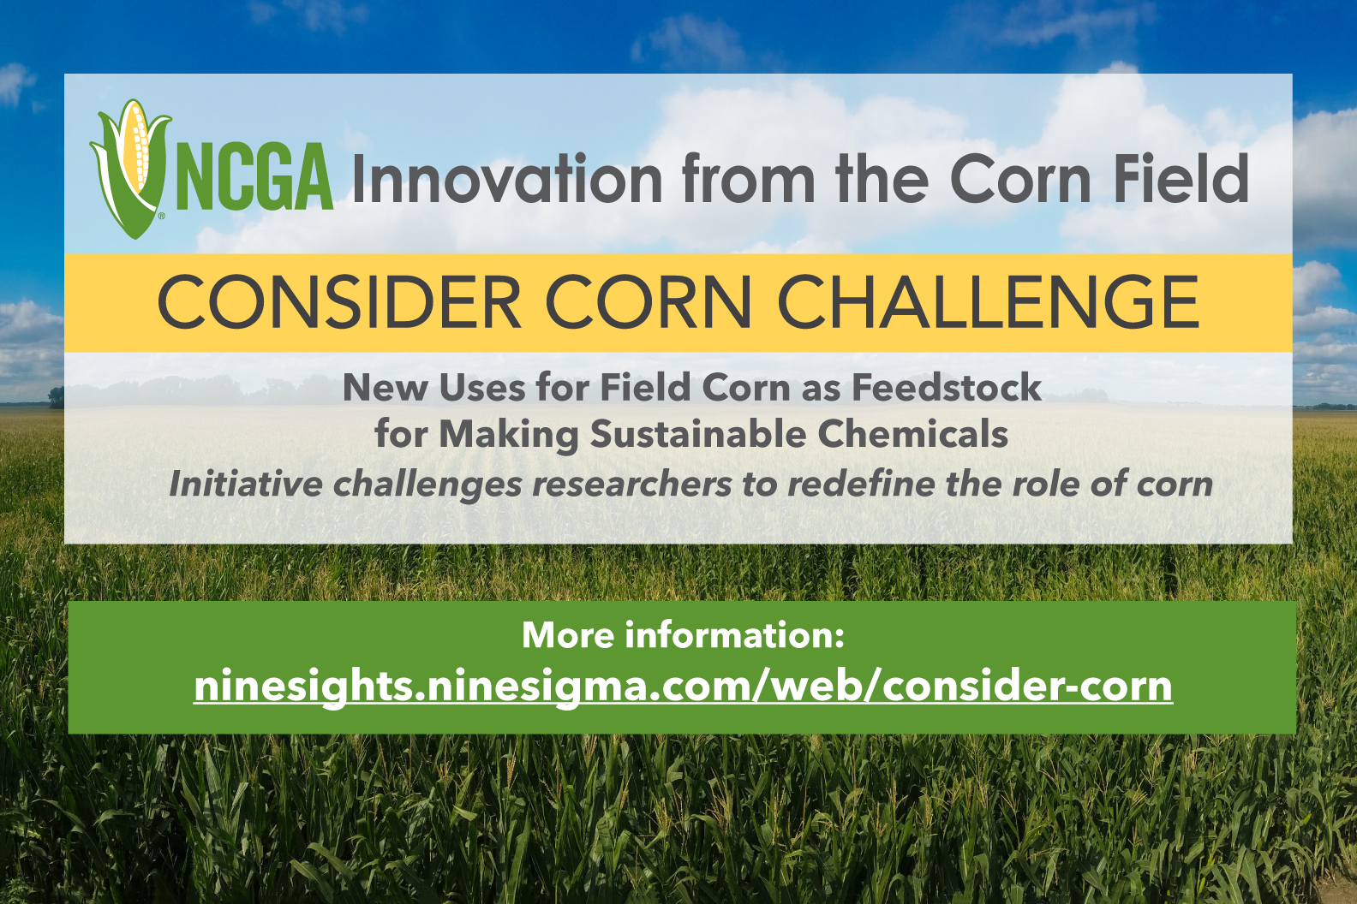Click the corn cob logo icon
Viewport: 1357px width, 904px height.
click(x=130, y=169)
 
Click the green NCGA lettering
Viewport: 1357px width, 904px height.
click(x=254, y=177)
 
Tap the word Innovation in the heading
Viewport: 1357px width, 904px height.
click(x=507, y=178)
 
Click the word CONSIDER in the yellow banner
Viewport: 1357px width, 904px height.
click(x=339, y=301)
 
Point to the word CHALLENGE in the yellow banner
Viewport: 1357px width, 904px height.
click(x=988, y=301)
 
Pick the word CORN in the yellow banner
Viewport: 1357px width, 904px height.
click(x=649, y=301)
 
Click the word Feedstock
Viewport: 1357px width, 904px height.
click(x=947, y=387)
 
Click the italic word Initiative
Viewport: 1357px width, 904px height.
click(x=245, y=484)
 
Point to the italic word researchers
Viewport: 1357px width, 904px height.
click(x=632, y=485)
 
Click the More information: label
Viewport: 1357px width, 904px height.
click(x=683, y=634)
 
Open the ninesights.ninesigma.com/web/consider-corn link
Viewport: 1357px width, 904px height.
click(x=684, y=687)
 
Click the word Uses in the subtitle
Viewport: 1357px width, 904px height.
click(x=482, y=387)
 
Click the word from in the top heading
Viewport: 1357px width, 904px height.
click(x=749, y=178)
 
